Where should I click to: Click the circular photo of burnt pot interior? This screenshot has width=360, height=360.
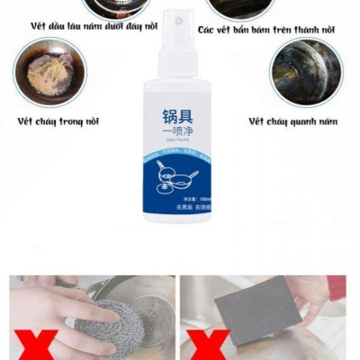(50, 72)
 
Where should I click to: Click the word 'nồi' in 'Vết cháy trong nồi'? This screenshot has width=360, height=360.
(88, 121)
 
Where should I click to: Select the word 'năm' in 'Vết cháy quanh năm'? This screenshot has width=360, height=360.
(329, 121)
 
